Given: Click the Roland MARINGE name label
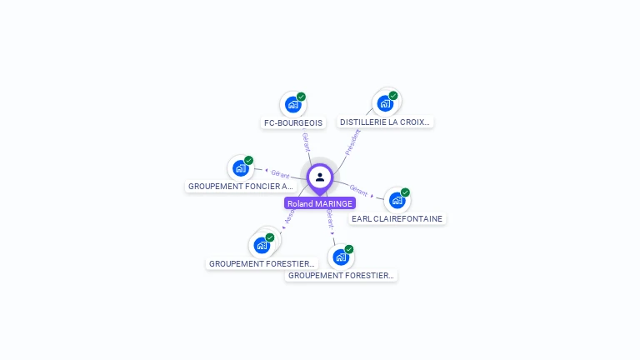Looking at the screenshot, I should tap(320, 203).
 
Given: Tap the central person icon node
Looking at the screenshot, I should tap(320, 177).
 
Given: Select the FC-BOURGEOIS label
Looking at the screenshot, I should tap(293, 122).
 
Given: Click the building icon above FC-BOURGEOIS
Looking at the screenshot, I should tap(292, 104).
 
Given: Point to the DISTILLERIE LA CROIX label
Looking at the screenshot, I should tap(385, 122).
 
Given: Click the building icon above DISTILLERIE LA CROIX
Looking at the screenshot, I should tap(385, 103).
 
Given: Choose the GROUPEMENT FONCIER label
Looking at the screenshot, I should tap(240, 187).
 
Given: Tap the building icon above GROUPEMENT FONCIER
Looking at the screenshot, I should tap(241, 167).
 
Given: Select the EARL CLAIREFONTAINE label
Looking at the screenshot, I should tap(397, 218).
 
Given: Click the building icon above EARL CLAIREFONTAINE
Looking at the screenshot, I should tap(397, 200).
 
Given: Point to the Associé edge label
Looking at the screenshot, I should tap(289, 217).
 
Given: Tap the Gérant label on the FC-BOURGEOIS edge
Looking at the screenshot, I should tap(306, 142).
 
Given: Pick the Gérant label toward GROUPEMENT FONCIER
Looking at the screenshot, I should tap(280, 174).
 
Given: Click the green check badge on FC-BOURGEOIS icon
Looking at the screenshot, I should tap(301, 97).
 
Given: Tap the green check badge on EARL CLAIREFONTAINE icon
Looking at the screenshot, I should tap(405, 192).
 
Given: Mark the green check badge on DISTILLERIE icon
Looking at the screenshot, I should tap(393, 96).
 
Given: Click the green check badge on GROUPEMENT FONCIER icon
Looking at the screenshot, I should tap(248, 160).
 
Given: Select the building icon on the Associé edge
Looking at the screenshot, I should tap(262, 245).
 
